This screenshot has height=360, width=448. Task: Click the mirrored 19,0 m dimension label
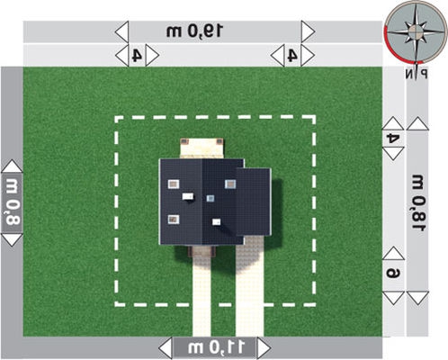point(194,31)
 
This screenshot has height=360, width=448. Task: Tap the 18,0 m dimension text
point(418,202)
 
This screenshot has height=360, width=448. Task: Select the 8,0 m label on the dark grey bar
point(13,202)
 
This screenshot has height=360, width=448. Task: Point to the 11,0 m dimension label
point(216,347)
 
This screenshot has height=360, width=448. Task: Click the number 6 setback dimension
point(393,274)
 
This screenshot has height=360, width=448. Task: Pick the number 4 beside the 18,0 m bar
point(393,139)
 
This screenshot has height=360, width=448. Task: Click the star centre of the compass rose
point(415,31)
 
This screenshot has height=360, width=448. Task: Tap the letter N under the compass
point(409,74)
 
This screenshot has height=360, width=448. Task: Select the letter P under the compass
point(424,74)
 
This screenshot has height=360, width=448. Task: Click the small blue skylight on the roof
point(211,198)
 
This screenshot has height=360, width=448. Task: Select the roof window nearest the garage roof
point(230,184)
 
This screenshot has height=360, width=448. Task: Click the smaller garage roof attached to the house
point(254,202)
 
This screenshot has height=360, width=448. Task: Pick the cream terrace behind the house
point(202,148)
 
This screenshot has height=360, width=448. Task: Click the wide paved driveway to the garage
point(249,286)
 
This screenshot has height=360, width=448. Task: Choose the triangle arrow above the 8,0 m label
point(12,166)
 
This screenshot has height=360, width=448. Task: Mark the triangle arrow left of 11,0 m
point(166,348)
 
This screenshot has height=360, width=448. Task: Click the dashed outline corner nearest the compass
point(314,117)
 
